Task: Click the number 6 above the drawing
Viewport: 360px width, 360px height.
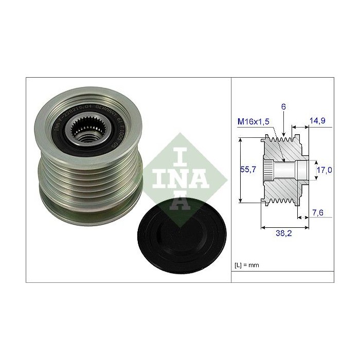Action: point(283,106)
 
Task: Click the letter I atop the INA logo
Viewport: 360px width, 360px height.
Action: point(184,154)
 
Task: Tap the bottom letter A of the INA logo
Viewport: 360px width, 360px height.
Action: point(184,202)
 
